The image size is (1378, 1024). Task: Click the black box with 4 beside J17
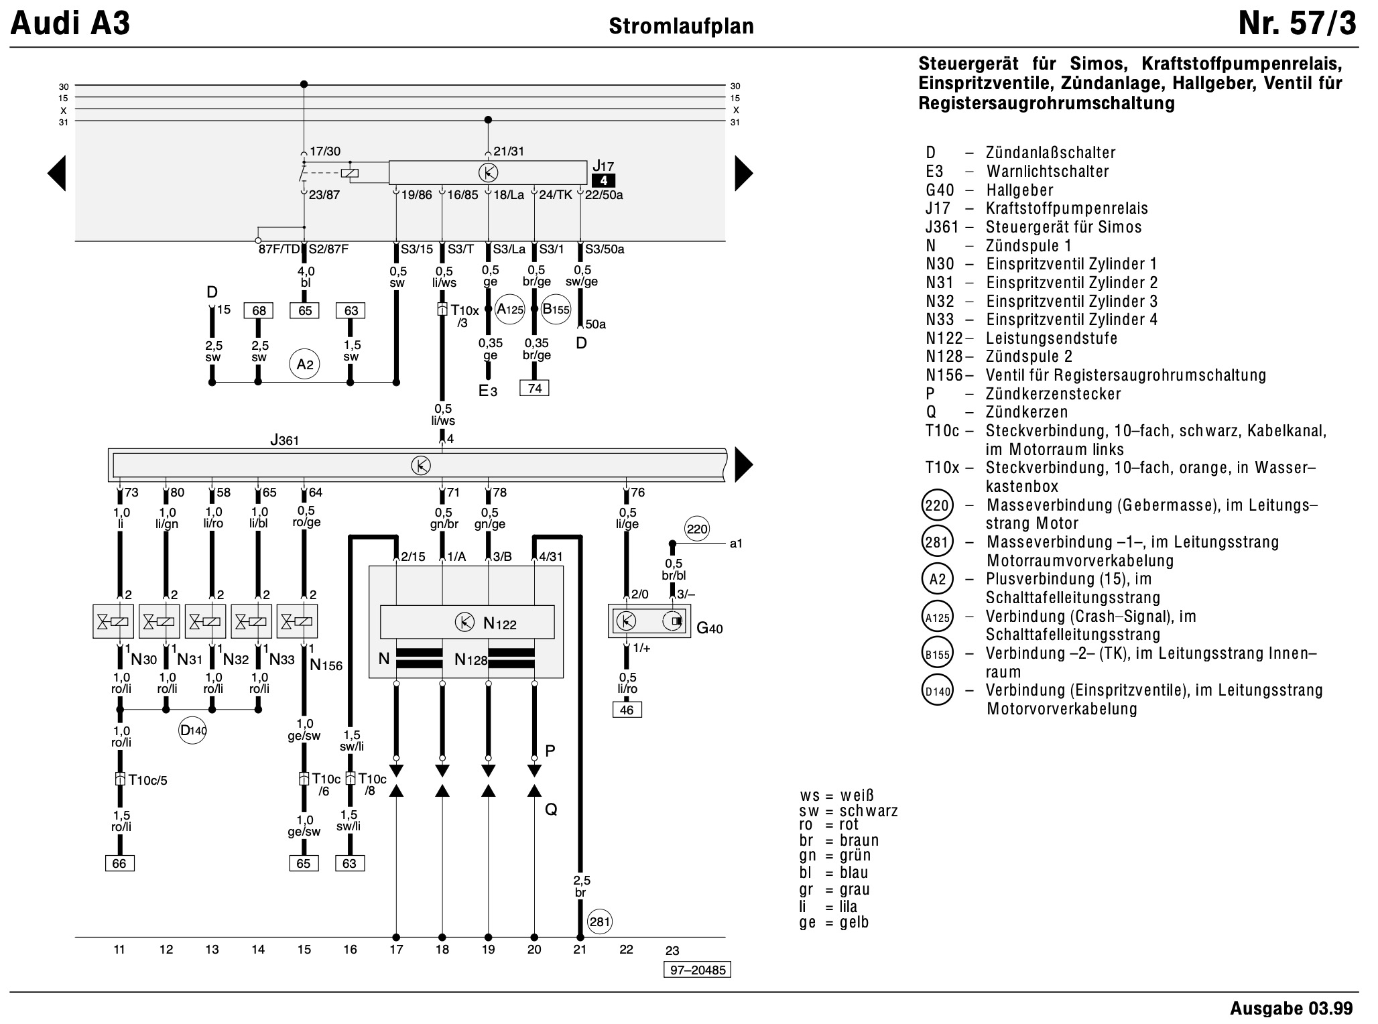pyautogui.click(x=603, y=180)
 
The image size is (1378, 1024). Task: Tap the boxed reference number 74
pyautogui.click(x=534, y=388)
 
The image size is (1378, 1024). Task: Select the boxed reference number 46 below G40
pyautogui.click(x=627, y=710)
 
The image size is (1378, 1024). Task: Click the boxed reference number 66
pyautogui.click(x=119, y=863)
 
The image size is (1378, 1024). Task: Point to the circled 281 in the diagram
pyautogui.click(x=599, y=922)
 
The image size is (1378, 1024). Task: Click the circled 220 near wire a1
pyautogui.click(x=697, y=529)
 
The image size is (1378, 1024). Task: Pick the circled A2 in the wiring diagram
pyautogui.click(x=305, y=364)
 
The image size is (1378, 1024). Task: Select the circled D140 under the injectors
pyautogui.click(x=193, y=730)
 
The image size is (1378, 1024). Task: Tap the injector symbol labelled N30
pyautogui.click(x=113, y=622)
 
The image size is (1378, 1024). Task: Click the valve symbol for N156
pyautogui.click(x=298, y=622)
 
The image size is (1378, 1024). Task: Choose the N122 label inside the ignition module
pyautogui.click(x=500, y=624)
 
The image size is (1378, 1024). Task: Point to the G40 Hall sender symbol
pyautogui.click(x=649, y=621)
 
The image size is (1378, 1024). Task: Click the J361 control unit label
pyautogui.click(x=284, y=440)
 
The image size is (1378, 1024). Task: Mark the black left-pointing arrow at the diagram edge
pyautogui.click(x=56, y=174)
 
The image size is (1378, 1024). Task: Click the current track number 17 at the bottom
pyautogui.click(x=396, y=949)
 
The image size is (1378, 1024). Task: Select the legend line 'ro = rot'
pyautogui.click(x=829, y=825)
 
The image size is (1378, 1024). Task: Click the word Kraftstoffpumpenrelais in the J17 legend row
pyautogui.click(x=1067, y=208)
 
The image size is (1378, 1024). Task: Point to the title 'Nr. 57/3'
pyautogui.click(x=1298, y=24)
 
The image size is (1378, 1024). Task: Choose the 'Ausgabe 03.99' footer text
pyautogui.click(x=1292, y=1008)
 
